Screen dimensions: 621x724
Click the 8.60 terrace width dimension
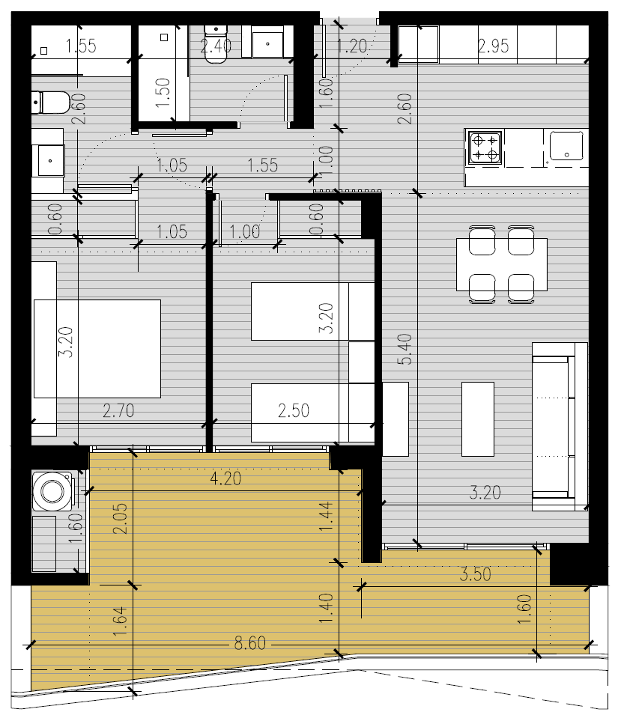tap(249, 642)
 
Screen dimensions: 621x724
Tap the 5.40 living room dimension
tap(405, 349)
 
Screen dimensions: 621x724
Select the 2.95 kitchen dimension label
tap(493, 46)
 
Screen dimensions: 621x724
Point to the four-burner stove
tap(485, 147)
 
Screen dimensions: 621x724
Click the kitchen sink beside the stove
tap(566, 145)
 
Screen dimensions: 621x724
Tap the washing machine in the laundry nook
tap(53, 490)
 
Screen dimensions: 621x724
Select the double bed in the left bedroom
tap(97, 349)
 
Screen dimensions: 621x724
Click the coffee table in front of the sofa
tap(478, 419)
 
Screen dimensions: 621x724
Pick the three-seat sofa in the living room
tap(560, 427)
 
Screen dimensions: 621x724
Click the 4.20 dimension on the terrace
tap(225, 478)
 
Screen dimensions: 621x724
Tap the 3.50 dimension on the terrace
tap(476, 574)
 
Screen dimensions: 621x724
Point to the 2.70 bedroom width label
tap(118, 410)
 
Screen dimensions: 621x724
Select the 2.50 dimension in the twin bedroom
tap(294, 410)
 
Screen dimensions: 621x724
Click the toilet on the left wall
tap(50, 102)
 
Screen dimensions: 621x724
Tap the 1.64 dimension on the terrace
tap(120, 621)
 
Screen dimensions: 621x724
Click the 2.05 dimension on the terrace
tap(120, 519)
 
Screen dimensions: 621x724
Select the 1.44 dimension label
tap(326, 517)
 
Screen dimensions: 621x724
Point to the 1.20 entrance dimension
tap(352, 46)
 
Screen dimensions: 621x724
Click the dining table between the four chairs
tap(502, 264)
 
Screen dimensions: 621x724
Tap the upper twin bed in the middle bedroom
tap(313, 311)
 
